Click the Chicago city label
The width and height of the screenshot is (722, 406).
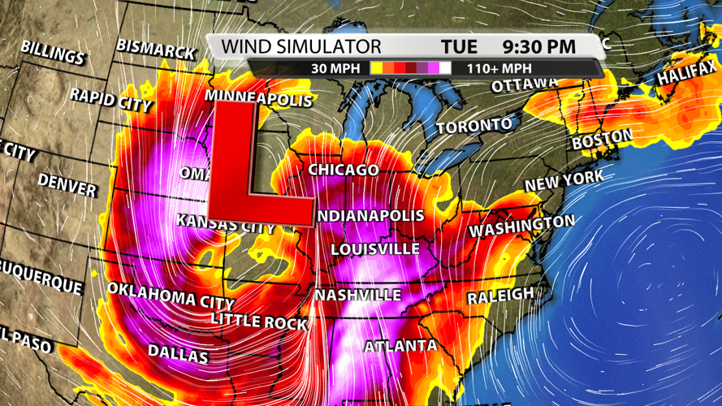[343, 170]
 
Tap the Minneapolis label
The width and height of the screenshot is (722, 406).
[258, 99]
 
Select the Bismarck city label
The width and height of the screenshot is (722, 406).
[156, 48]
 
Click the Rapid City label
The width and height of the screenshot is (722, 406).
[110, 100]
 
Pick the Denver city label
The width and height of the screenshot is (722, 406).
[67, 185]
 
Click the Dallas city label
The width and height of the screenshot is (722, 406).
[178, 353]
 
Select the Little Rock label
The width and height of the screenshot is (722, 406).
[259, 319]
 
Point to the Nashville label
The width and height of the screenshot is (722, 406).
[358, 295]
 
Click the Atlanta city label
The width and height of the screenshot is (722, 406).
[400, 347]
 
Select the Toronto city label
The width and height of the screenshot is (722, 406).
[475, 126]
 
